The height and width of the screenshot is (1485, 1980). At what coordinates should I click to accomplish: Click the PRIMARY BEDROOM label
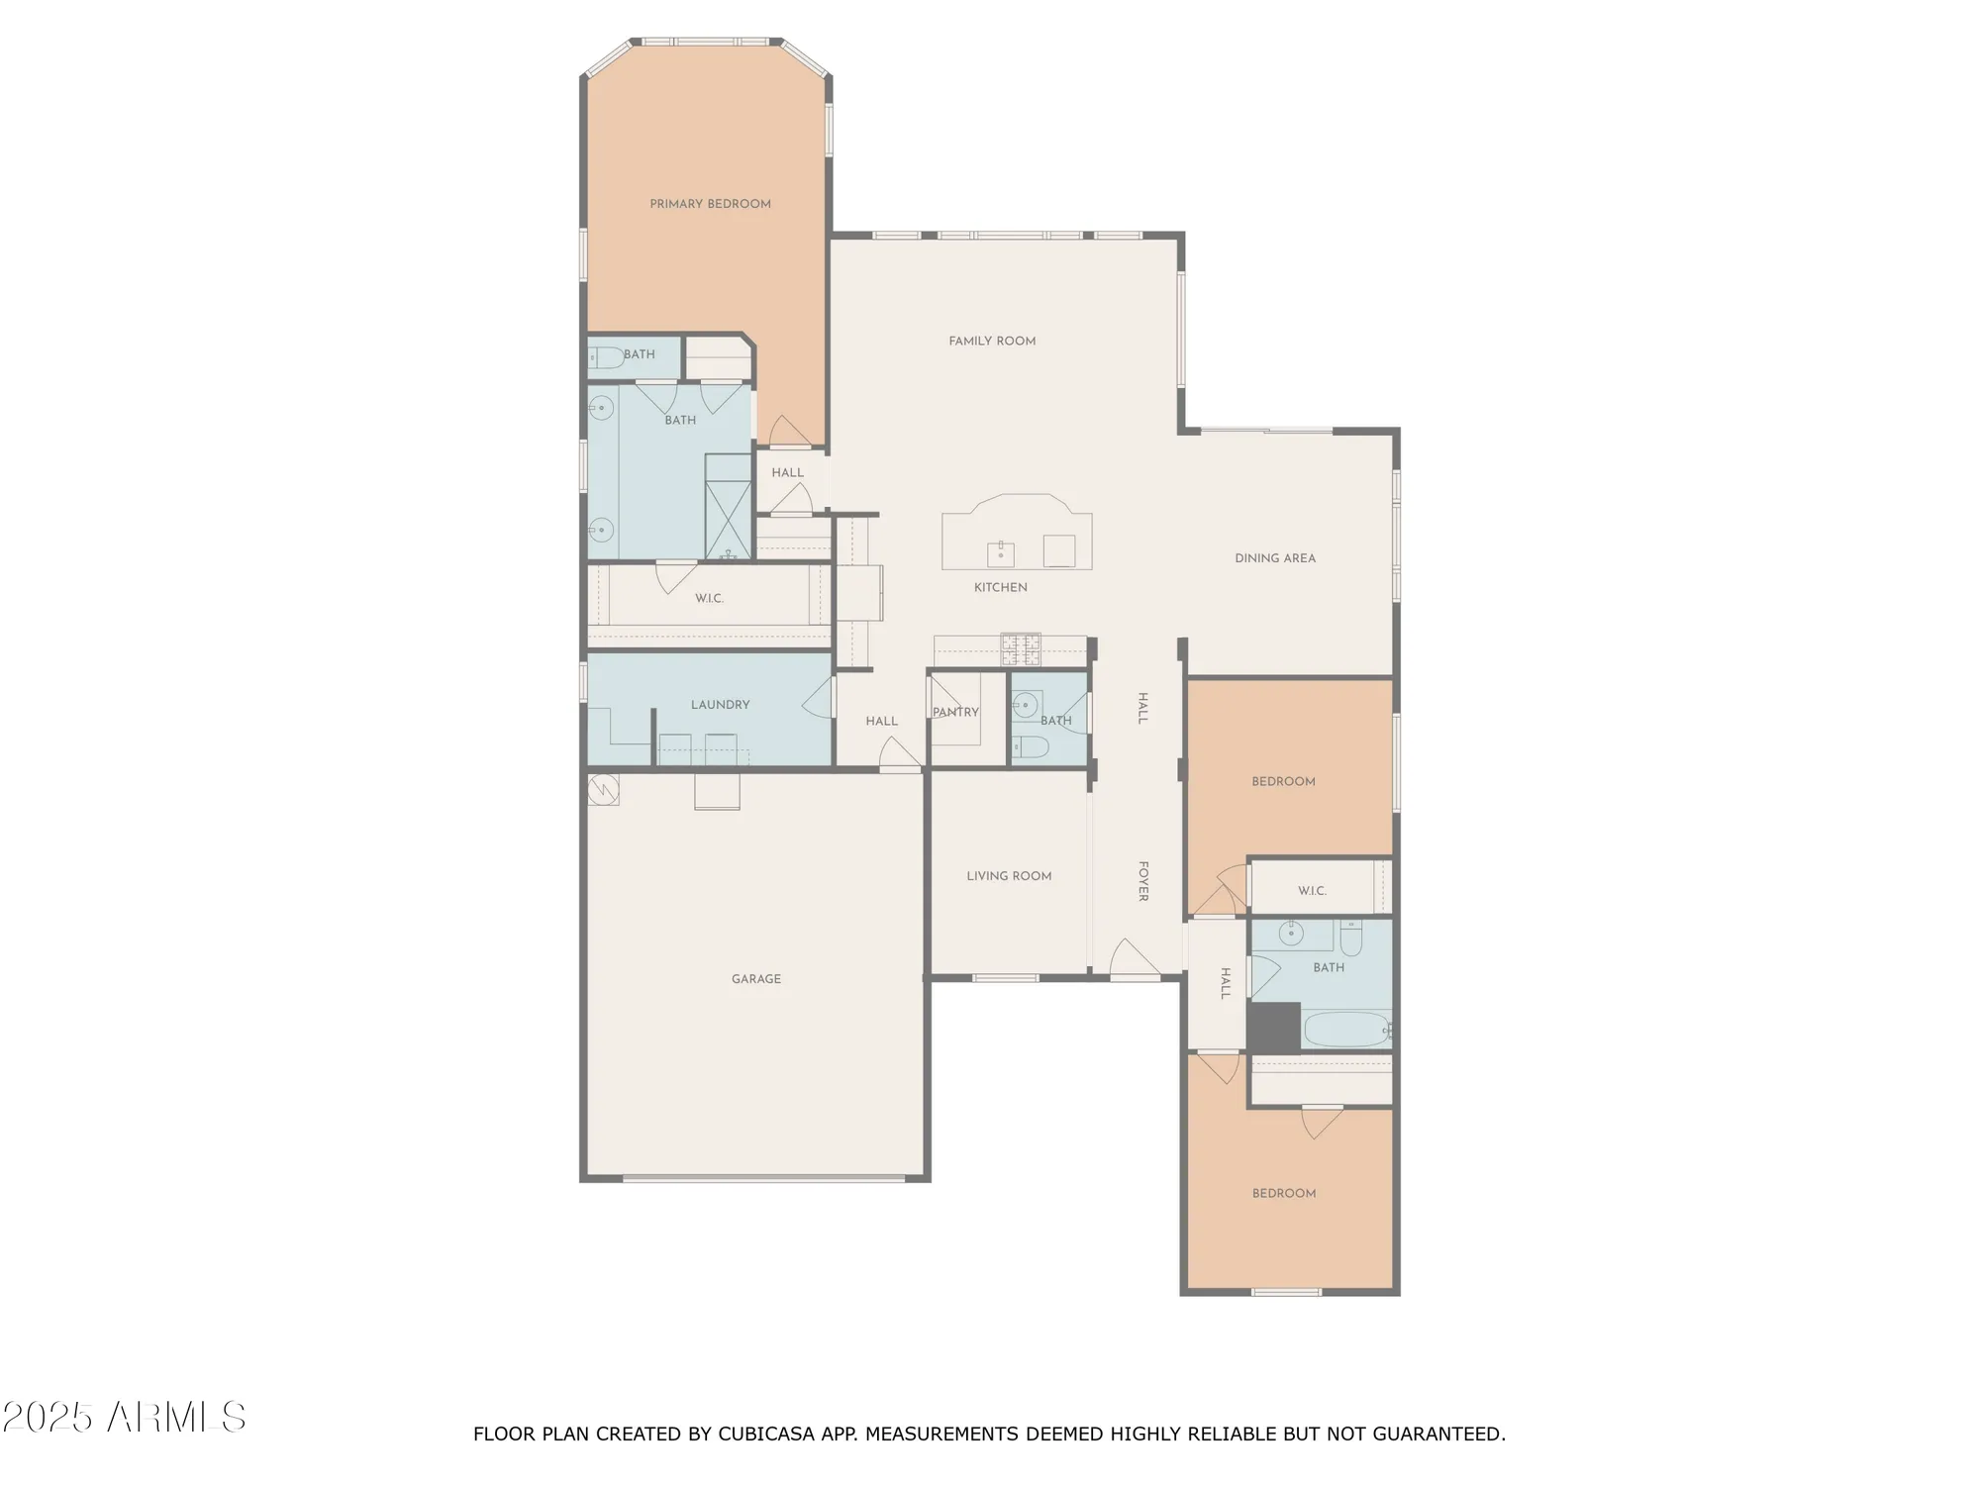pyautogui.click(x=710, y=204)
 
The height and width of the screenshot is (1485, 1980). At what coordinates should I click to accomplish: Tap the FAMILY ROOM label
pyautogui.click(x=992, y=342)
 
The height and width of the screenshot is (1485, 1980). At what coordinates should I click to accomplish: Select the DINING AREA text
pyautogui.click(x=1275, y=558)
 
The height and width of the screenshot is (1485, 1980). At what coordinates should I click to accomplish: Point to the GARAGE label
pyautogui.click(x=756, y=979)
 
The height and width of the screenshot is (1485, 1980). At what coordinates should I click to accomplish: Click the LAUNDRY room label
pyautogui.click(x=720, y=705)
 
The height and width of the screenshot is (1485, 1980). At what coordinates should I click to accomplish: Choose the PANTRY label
pyautogui.click(x=955, y=712)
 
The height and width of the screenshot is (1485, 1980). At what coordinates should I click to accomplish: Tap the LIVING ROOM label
pyautogui.click(x=1009, y=876)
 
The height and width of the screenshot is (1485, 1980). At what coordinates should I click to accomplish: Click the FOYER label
pyautogui.click(x=1142, y=881)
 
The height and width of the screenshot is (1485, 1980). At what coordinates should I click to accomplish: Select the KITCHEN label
pyautogui.click(x=1000, y=587)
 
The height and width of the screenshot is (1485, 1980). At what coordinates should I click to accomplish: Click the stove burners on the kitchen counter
pyautogui.click(x=1021, y=649)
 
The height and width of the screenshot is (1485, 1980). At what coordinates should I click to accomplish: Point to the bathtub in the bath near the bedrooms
pyautogui.click(x=1346, y=1029)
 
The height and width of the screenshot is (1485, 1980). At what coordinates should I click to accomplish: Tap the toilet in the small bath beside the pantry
pyautogui.click(x=1031, y=746)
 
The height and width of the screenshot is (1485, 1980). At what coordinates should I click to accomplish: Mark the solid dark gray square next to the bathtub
pyautogui.click(x=1273, y=1028)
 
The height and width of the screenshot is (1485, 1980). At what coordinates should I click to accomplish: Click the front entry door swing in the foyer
pyautogui.click(x=1134, y=958)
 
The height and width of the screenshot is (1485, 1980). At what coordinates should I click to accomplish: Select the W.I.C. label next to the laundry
pyautogui.click(x=709, y=599)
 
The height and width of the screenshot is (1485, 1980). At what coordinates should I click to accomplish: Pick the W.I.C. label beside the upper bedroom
pyautogui.click(x=1312, y=891)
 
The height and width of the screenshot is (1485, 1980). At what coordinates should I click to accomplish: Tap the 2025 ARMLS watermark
pyautogui.click(x=124, y=1418)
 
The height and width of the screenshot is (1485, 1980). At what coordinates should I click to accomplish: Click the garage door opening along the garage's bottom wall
pyautogui.click(x=763, y=1178)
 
